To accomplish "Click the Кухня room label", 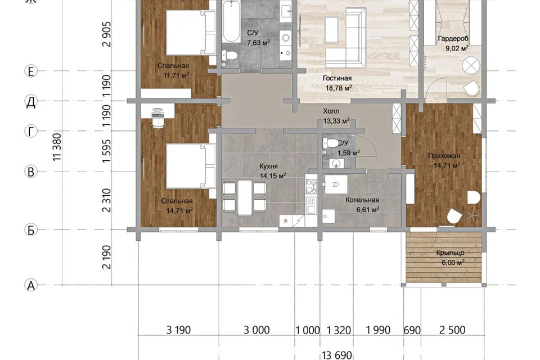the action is (269, 166).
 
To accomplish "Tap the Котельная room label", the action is (362, 200).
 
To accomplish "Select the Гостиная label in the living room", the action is (337, 78).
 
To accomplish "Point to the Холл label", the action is (331, 111).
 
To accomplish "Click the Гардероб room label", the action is (453, 39).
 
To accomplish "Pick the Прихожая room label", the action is (444, 156).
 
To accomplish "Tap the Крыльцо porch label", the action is (450, 253).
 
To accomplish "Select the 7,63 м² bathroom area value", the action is (258, 43).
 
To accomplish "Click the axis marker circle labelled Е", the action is (31, 71).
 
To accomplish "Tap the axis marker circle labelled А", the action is (31, 285).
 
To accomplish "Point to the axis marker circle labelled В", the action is (31, 171).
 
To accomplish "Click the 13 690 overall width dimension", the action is (337, 355).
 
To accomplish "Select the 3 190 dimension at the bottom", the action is (178, 330).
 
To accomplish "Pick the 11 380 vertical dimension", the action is (57, 147).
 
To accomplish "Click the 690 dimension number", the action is (412, 330).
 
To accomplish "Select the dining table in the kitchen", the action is (245, 197).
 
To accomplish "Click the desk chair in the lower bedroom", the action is (158, 123).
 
